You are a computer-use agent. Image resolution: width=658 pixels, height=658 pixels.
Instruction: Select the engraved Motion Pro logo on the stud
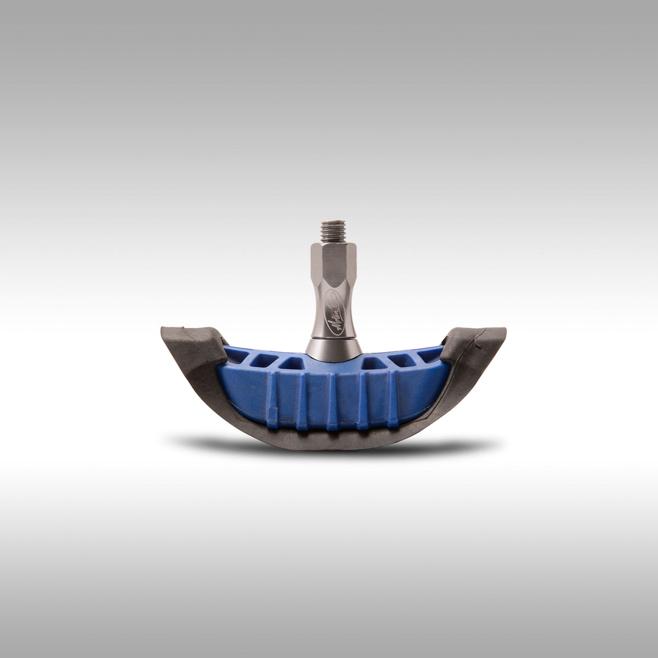(x=331, y=317)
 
